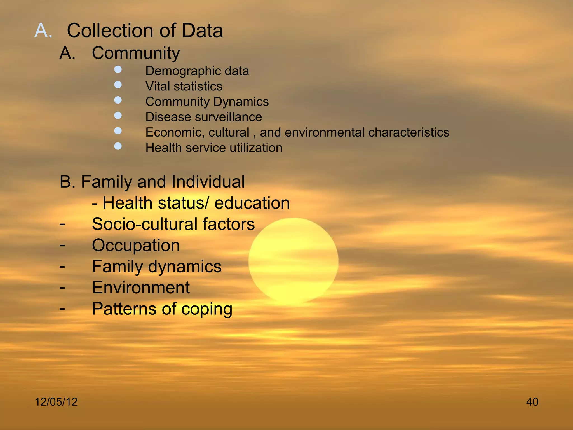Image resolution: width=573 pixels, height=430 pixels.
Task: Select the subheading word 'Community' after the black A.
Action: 136,53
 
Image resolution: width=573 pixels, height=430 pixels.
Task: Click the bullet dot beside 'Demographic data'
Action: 118,69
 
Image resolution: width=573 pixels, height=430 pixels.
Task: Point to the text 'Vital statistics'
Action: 184,86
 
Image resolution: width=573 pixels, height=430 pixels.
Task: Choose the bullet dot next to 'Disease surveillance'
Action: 118,115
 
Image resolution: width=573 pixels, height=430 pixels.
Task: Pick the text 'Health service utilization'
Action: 214,148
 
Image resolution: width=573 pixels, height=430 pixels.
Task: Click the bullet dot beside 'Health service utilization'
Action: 118,146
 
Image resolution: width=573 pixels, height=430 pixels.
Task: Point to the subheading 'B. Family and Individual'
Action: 152,182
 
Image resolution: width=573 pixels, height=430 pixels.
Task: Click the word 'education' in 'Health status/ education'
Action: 252,203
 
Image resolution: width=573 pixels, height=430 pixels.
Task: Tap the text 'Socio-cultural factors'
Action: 173,224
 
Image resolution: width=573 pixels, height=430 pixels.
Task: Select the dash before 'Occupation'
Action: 62,246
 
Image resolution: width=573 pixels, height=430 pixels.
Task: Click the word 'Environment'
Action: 141,288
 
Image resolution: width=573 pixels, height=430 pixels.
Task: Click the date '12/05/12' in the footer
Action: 56,402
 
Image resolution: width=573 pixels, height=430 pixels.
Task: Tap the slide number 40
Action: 532,402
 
